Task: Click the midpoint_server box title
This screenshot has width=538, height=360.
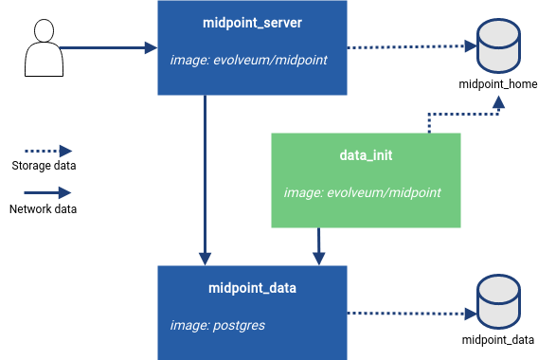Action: click(251, 22)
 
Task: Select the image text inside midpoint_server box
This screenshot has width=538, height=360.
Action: click(248, 60)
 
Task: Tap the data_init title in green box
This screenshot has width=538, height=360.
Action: click(366, 153)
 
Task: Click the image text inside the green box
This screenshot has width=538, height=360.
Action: click(363, 192)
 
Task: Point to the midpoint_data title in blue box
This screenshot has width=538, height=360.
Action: click(251, 287)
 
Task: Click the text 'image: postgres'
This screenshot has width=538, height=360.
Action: click(217, 325)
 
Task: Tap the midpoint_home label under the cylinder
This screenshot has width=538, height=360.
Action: click(497, 84)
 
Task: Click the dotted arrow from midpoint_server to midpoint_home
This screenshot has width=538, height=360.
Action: click(407, 46)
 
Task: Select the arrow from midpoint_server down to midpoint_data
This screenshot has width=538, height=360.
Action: click(205, 180)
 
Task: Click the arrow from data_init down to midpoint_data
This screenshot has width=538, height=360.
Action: click(318, 245)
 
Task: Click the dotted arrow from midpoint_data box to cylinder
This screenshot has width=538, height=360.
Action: click(407, 313)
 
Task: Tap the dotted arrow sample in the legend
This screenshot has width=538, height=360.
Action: click(45, 151)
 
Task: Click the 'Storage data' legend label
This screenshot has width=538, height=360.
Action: click(44, 167)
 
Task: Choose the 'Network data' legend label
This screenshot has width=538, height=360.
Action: click(44, 208)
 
